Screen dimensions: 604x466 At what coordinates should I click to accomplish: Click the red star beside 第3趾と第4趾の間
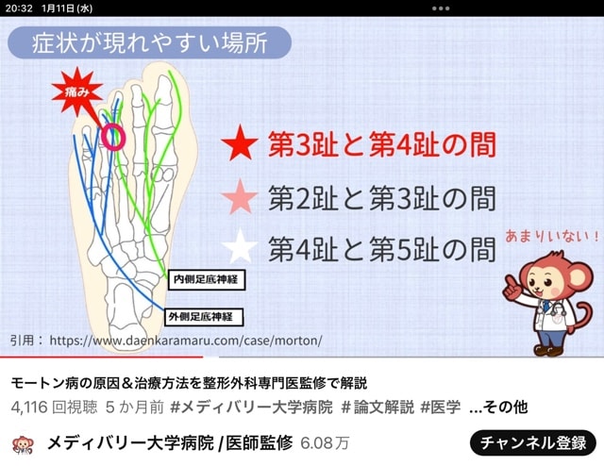click(240, 143)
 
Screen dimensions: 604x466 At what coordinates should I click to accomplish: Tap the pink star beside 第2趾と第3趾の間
click(240, 197)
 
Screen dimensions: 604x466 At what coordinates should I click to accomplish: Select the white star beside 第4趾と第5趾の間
click(240, 246)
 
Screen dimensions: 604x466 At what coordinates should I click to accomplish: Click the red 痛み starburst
click(77, 92)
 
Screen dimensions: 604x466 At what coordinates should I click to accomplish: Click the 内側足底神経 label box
click(207, 279)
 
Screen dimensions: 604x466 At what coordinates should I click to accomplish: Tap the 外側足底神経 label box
click(204, 317)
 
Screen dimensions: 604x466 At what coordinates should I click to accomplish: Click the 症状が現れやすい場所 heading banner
click(149, 42)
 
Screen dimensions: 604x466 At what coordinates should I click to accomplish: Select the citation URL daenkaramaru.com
click(186, 341)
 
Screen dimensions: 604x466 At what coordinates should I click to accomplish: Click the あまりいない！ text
click(552, 236)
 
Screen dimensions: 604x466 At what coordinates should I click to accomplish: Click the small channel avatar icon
click(23, 444)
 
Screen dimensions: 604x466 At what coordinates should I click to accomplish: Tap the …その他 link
click(499, 407)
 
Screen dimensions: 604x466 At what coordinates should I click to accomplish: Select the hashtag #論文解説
click(377, 407)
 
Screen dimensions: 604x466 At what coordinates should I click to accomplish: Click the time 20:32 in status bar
click(19, 8)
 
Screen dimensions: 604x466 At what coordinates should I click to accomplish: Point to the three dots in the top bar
click(441, 8)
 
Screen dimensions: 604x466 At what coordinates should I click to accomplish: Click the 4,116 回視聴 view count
click(55, 408)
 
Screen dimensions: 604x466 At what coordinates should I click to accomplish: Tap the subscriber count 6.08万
click(325, 443)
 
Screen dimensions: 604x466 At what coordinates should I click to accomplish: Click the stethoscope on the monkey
click(556, 313)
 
